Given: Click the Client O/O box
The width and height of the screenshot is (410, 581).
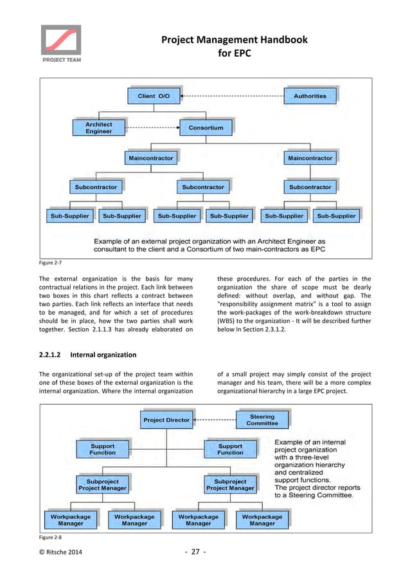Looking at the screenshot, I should pos(154,96).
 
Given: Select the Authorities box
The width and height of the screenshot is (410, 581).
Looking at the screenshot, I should pos(310,96).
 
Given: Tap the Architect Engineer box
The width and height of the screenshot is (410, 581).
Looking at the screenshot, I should pos(98,127).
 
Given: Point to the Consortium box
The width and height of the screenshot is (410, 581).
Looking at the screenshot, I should pos(206,127).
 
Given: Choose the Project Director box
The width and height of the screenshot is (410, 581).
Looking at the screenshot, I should pos(166,420).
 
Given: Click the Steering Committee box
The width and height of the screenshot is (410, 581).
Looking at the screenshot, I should pos(262,420).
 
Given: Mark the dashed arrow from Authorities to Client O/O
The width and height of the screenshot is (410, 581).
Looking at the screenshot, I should pos(232,96).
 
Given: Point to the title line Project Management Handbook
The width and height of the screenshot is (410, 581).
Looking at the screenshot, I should pos(234,40).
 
